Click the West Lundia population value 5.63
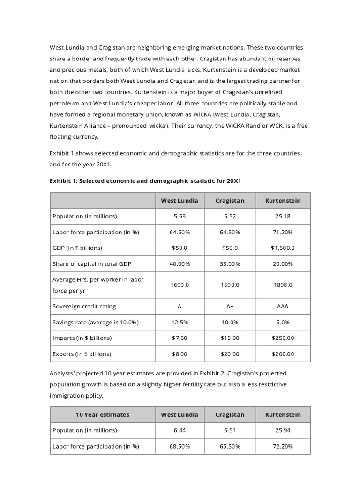pyautogui.click(x=180, y=216)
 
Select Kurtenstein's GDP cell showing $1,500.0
pyautogui.click(x=283, y=247)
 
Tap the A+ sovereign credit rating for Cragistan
pyautogui.click(x=230, y=306)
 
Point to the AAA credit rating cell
pyautogui.click(x=283, y=306)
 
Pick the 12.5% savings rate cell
pyautogui.click(x=180, y=322)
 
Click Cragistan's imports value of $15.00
pyautogui.click(x=230, y=338)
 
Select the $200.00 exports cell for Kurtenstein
pyautogui.click(x=283, y=354)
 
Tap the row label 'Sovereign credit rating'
pyautogui.click(x=84, y=306)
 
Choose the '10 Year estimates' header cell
pyautogui.click(x=102, y=414)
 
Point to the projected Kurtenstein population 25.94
pyautogui.click(x=283, y=430)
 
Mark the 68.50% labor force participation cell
pyautogui.click(x=180, y=446)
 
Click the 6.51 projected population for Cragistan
pyautogui.click(x=230, y=430)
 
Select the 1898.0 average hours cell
pyautogui.click(x=283, y=285)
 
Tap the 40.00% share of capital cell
pyautogui.click(x=180, y=263)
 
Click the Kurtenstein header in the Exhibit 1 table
pyautogui.click(x=283, y=200)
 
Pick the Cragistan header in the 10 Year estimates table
pyautogui.click(x=230, y=414)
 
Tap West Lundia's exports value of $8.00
pyautogui.click(x=180, y=354)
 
